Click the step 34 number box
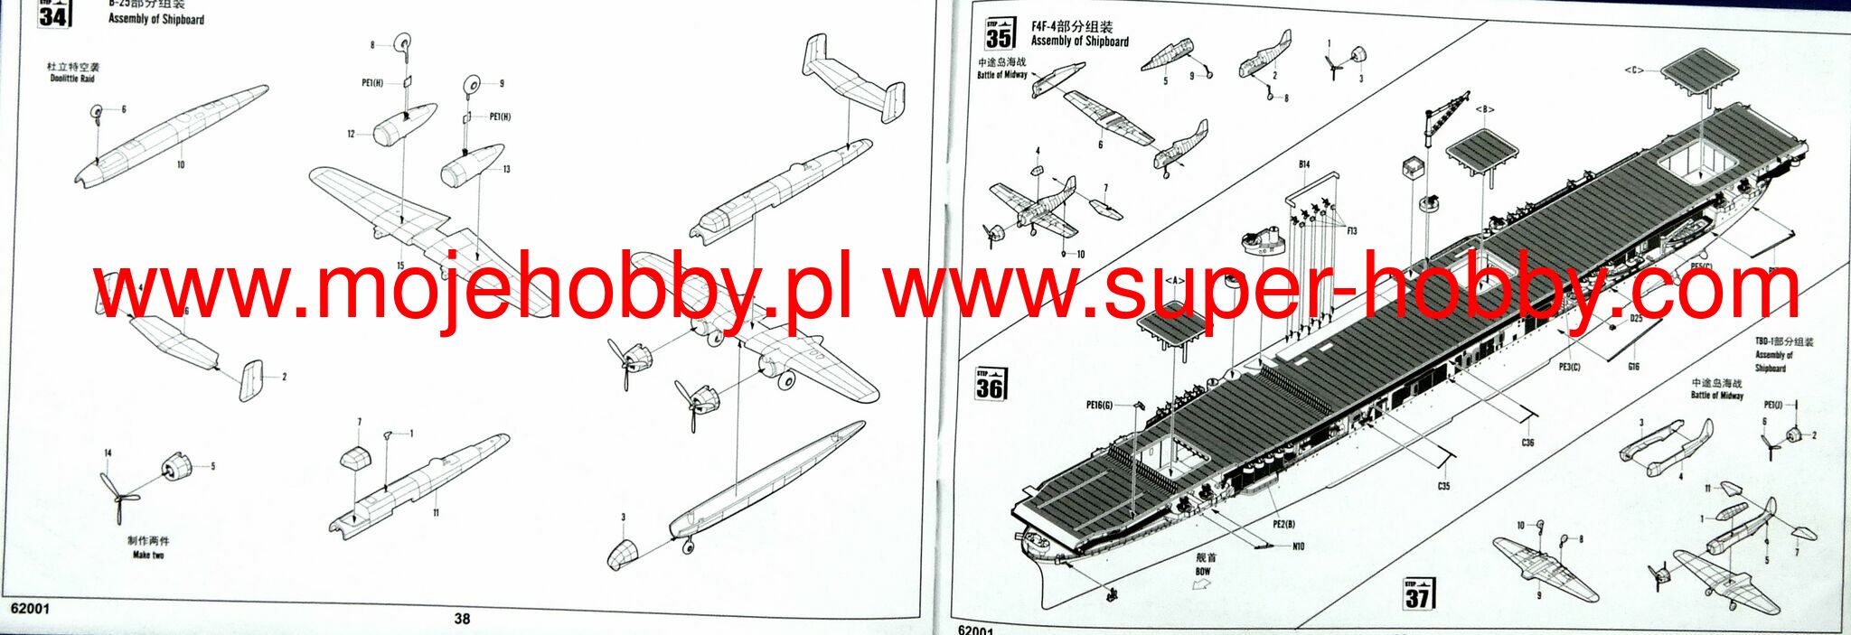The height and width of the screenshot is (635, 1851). [53, 14]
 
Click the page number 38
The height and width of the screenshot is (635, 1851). [462, 619]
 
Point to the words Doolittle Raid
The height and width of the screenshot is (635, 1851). [72, 79]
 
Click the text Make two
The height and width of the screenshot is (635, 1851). [148, 555]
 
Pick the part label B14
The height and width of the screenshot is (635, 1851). [1304, 164]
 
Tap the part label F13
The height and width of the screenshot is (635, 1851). [1352, 231]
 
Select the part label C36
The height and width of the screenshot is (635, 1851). [1527, 443]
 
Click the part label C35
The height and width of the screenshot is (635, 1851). [1443, 486]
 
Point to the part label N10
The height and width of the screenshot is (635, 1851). [1298, 546]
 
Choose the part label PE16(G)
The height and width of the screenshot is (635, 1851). [1099, 406]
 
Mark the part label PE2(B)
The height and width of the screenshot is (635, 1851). [1283, 524]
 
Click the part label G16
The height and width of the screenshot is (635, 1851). [1633, 367]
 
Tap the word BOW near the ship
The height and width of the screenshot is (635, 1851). [1203, 572]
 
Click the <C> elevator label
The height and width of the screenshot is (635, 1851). [1633, 70]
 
